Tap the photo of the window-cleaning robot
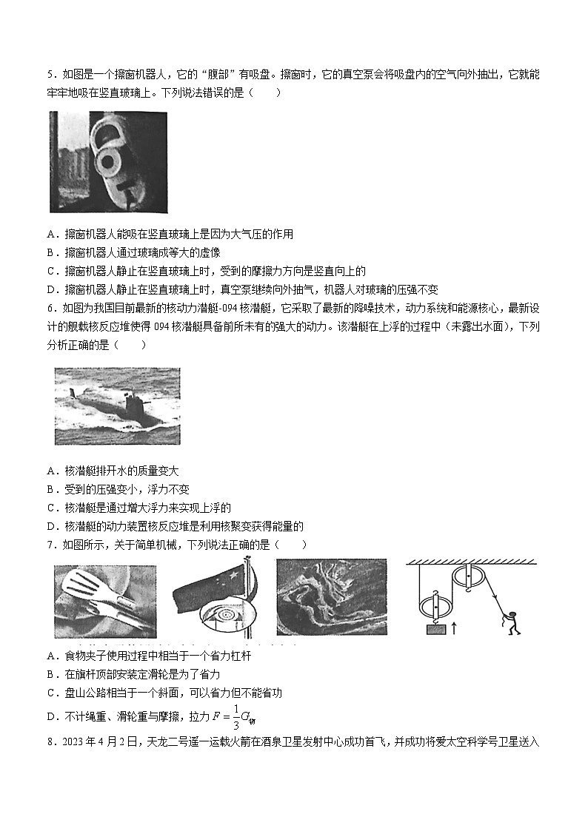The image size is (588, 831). coord(108,162)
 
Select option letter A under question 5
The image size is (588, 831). coord(51,235)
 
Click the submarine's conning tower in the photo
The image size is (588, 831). coord(135,405)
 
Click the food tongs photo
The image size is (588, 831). coord(105,602)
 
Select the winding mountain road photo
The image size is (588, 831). coord(331,597)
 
